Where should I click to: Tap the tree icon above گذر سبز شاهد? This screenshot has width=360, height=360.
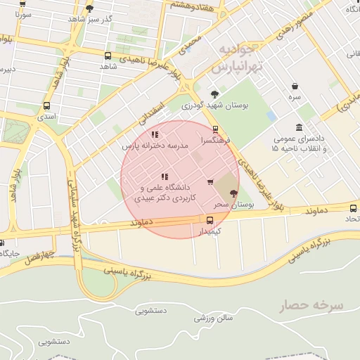[89, 8]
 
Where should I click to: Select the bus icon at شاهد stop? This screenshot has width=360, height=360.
[108, 56]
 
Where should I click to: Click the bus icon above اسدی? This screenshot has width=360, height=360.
[46, 106]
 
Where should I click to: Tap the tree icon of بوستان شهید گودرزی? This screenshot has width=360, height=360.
[214, 94]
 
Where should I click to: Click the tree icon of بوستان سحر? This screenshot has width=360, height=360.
[233, 194]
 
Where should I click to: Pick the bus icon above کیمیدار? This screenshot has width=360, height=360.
[210, 219]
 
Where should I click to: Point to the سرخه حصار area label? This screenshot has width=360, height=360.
[318, 306]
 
